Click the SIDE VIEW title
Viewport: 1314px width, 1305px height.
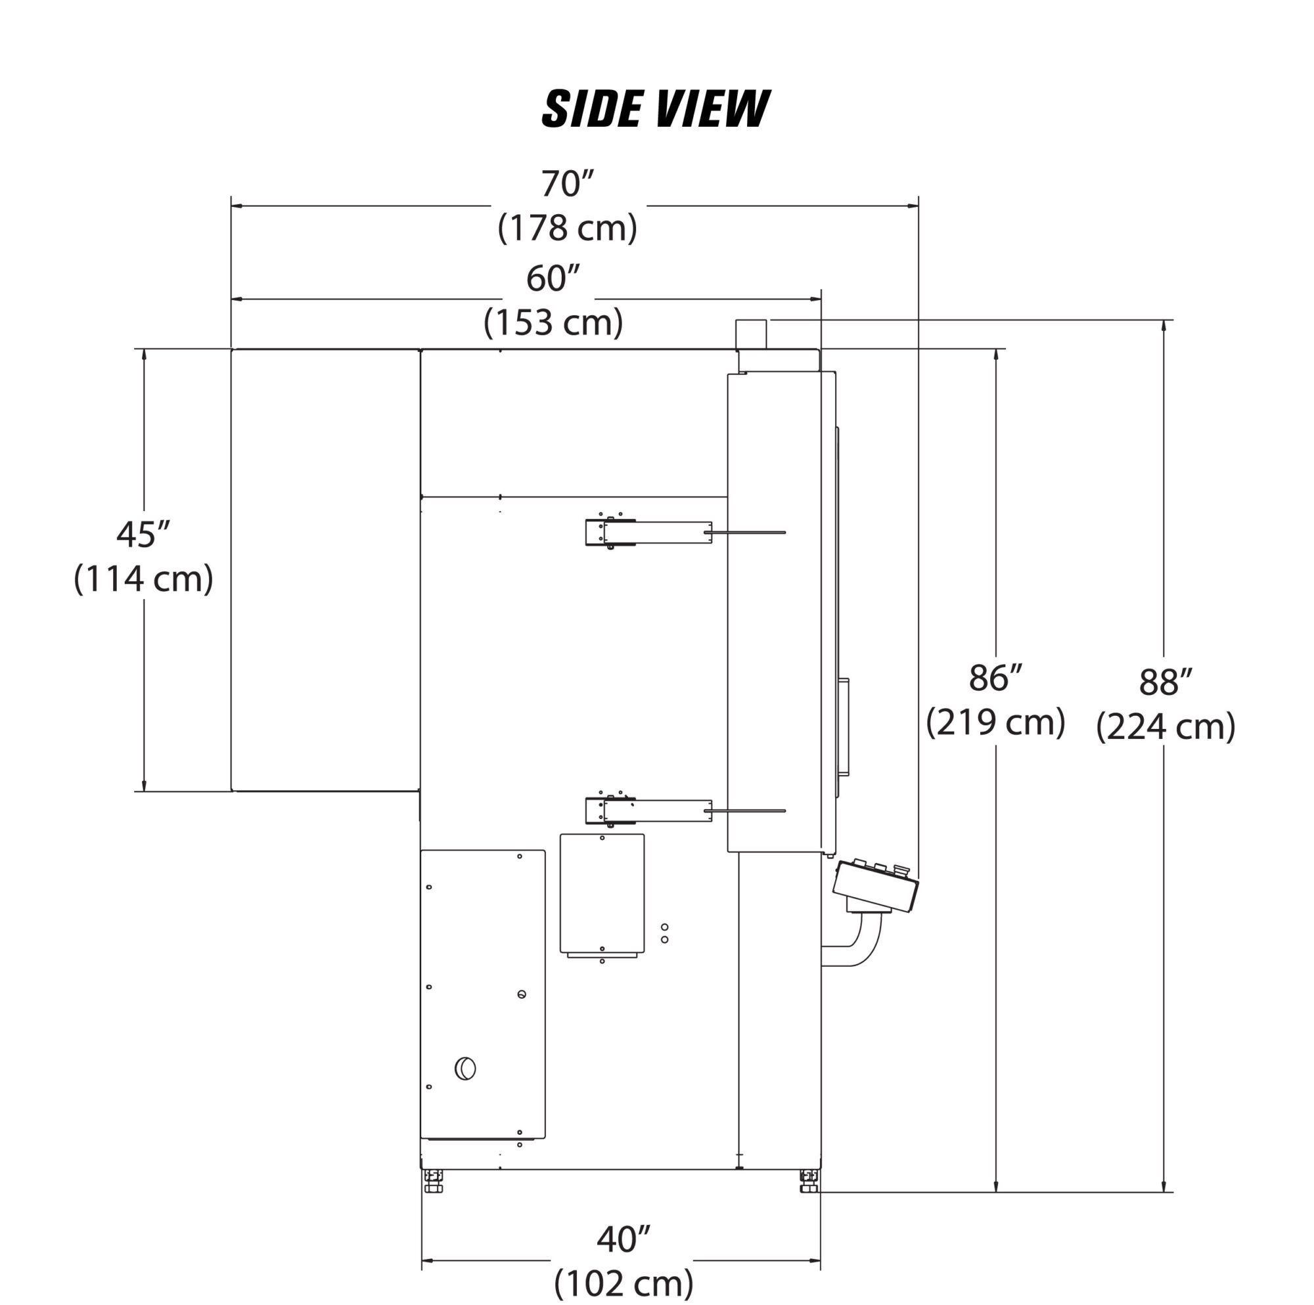click(655, 109)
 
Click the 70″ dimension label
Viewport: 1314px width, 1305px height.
click(568, 184)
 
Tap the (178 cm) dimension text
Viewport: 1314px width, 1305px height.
click(568, 228)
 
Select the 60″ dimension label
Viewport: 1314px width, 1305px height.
click(553, 279)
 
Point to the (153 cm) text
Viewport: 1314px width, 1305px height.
click(553, 322)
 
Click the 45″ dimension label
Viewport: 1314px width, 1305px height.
click(143, 535)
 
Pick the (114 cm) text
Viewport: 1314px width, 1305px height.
click(143, 579)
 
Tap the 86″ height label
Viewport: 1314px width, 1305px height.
click(995, 678)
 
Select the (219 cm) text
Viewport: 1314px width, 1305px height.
click(995, 722)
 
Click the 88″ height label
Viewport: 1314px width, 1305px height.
click(1165, 682)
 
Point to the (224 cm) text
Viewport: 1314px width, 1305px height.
click(1165, 727)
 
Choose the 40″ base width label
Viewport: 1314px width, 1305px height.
click(623, 1239)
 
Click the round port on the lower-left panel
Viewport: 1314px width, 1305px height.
click(465, 1069)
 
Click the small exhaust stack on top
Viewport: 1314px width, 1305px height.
click(751, 334)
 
